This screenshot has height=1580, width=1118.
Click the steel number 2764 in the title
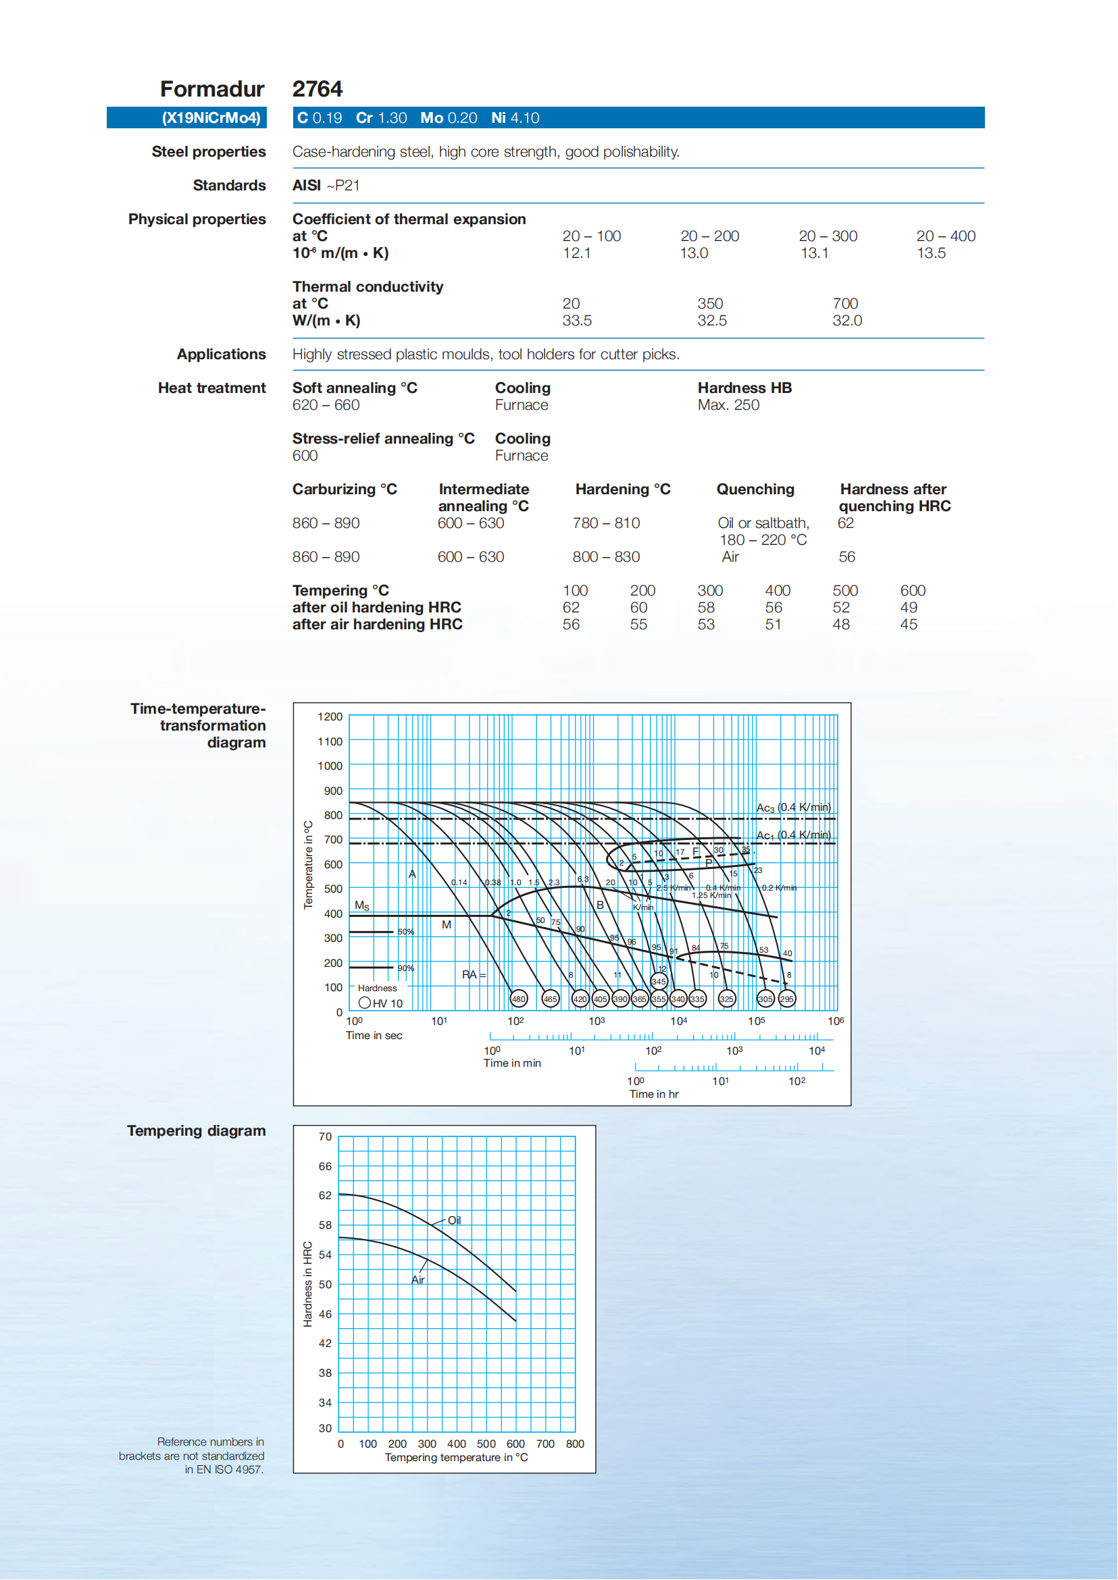tap(317, 88)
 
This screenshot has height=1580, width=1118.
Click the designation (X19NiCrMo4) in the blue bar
tap(211, 117)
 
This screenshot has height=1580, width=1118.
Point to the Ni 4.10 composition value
tap(515, 117)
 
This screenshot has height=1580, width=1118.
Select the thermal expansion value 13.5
tap(931, 253)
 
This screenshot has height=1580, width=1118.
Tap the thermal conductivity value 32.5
tap(712, 321)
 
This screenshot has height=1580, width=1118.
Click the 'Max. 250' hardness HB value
tap(728, 405)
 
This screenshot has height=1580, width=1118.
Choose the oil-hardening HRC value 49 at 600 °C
tap(909, 608)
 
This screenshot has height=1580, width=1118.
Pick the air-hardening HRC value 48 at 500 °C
tap(841, 625)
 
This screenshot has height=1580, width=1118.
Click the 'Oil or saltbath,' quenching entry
tap(763, 523)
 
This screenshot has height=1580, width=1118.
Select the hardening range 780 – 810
tap(606, 523)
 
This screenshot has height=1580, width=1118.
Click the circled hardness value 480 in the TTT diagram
tap(518, 999)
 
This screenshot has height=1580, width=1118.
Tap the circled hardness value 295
tap(786, 999)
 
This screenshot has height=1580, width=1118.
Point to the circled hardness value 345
tap(659, 982)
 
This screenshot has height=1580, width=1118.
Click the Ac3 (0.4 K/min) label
tap(793, 807)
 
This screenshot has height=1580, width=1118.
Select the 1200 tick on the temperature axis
tap(330, 717)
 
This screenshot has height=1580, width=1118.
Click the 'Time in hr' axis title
tap(653, 1094)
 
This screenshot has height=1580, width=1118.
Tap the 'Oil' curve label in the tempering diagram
tap(455, 1220)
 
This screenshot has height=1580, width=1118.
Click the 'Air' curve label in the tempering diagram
tap(418, 1280)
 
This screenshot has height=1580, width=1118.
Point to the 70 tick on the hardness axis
tap(325, 1137)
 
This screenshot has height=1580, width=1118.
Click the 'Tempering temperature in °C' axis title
tap(457, 1458)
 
